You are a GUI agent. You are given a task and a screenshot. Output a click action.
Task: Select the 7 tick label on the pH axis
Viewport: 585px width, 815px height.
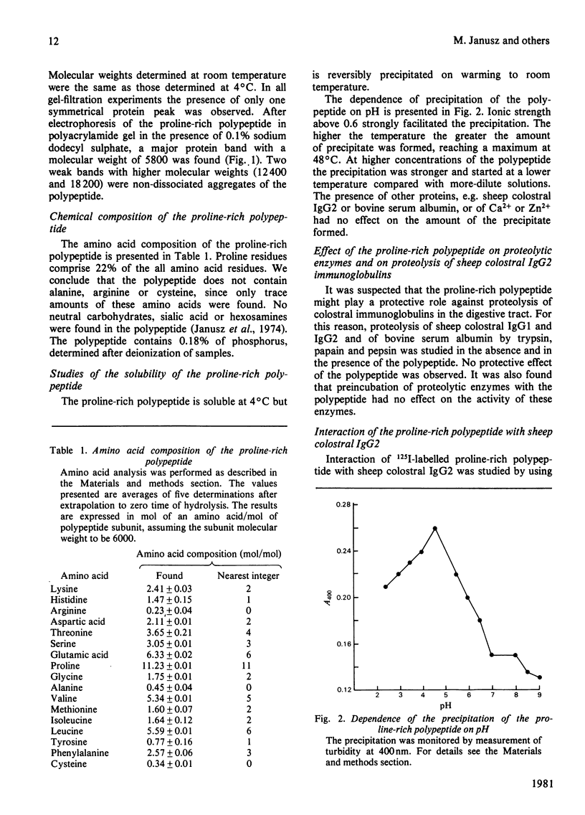click(492, 696)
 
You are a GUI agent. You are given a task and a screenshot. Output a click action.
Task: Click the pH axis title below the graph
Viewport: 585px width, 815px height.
click(445, 706)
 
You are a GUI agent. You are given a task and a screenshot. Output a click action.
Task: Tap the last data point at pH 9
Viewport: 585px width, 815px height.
click(539, 677)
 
